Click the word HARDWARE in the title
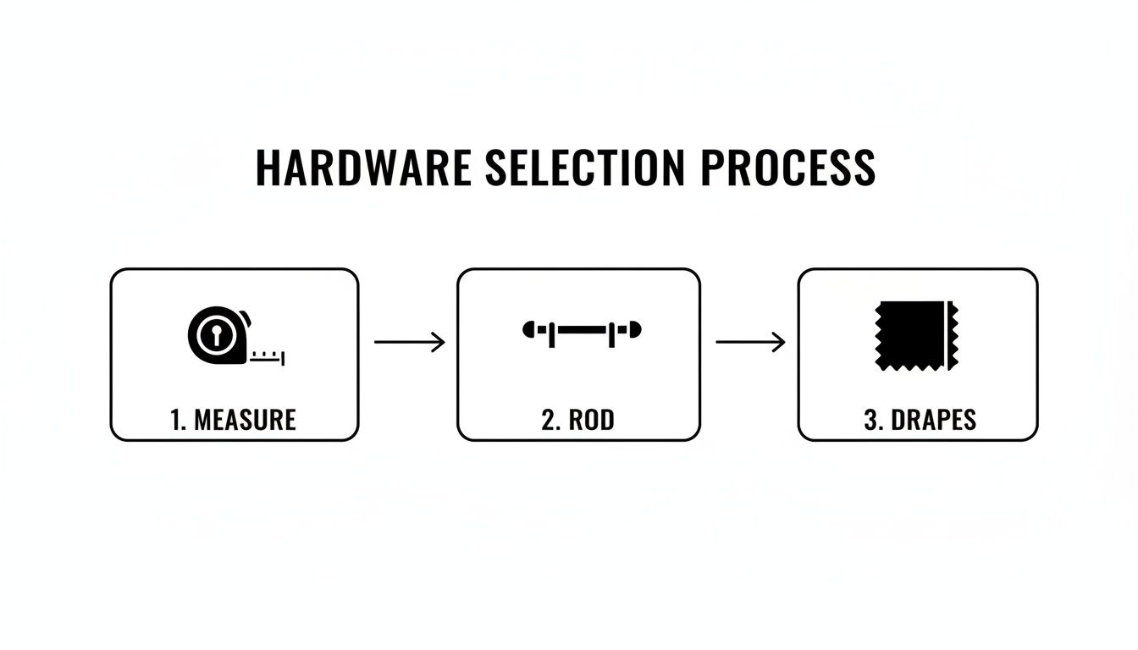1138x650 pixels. [362, 168]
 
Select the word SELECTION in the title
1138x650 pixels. [584, 168]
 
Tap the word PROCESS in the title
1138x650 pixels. [787, 168]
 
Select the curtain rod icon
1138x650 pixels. [583, 330]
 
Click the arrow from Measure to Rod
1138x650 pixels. [409, 342]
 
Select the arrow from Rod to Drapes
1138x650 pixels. [750, 342]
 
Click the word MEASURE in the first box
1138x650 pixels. [245, 419]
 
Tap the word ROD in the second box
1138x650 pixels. [591, 419]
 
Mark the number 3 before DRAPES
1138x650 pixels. [870, 419]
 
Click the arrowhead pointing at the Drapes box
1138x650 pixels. [779, 342]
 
